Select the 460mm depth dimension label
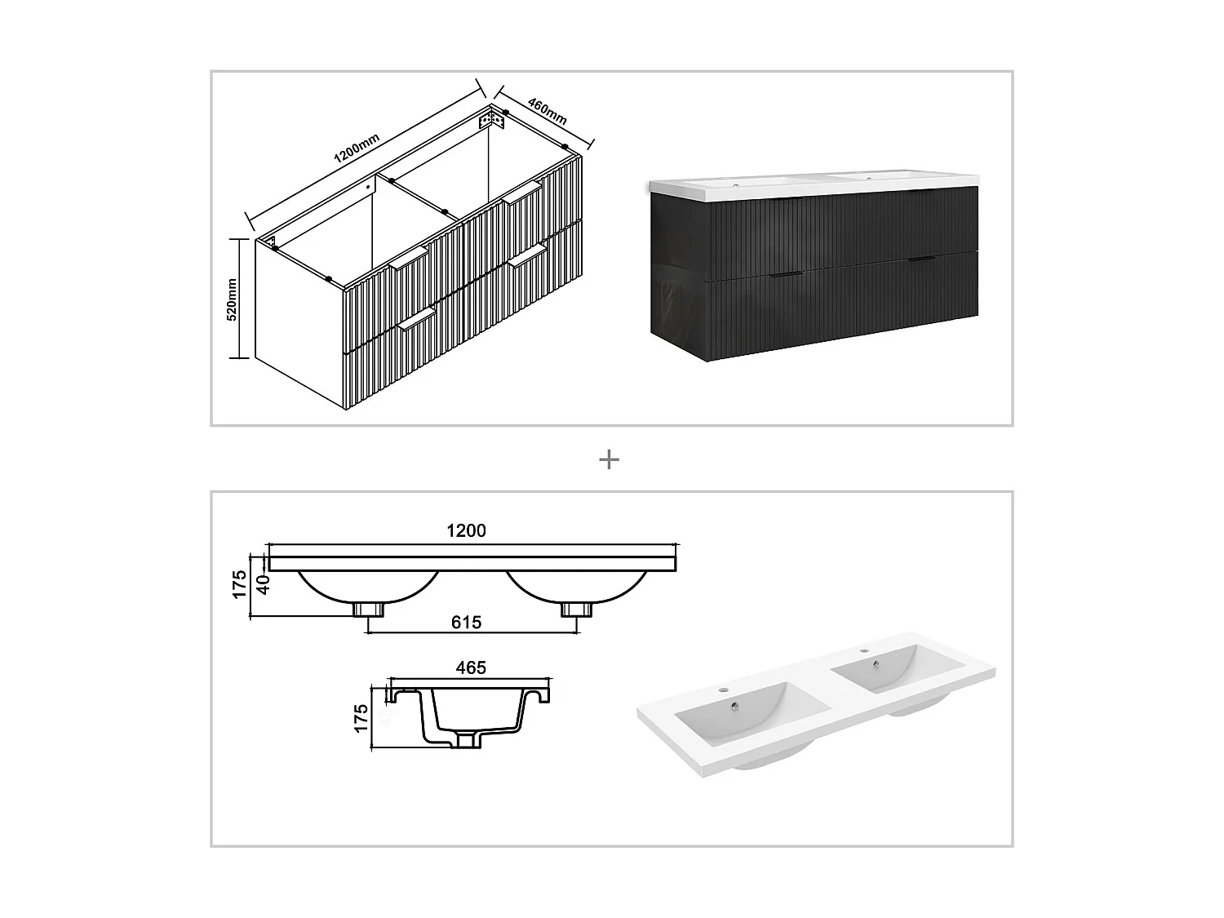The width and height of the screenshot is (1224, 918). (548, 110)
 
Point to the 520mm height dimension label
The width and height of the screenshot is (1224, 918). (232, 299)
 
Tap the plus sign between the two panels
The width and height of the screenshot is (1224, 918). (609, 459)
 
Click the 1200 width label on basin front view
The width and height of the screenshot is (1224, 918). (466, 530)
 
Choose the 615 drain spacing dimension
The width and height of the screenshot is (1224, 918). (466, 623)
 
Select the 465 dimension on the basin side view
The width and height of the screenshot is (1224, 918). (471, 667)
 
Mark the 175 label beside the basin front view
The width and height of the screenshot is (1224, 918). (239, 584)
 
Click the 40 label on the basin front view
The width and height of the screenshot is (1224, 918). (263, 584)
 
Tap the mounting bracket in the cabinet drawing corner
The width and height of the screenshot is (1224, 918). (491, 119)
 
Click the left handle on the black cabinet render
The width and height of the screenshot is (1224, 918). (788, 274)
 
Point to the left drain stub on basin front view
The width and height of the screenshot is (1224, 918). (369, 609)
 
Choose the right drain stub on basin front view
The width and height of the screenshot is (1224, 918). (574, 609)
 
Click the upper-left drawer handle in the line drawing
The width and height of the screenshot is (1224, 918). (408, 258)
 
